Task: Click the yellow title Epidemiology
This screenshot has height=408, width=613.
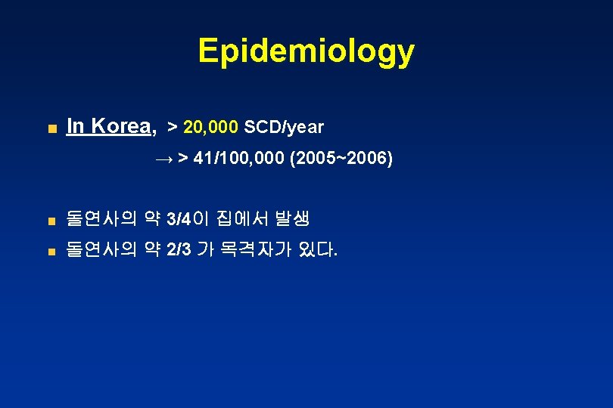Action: pos(306,51)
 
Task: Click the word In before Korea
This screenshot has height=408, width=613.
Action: pos(75,126)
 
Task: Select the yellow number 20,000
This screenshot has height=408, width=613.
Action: pos(211,127)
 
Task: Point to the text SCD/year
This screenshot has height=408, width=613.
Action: pos(284,127)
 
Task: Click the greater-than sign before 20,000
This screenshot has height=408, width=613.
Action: pos(173,127)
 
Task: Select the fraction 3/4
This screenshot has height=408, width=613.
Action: pos(179,220)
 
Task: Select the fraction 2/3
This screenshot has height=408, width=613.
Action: pos(179,250)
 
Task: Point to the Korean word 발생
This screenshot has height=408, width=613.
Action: pos(292,220)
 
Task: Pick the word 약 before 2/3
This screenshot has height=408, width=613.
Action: pos(152,250)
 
